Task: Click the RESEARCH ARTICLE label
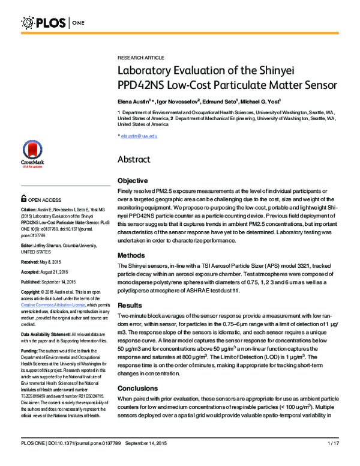pyautogui.click(x=140, y=57)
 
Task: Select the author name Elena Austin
pyautogui.click(x=133, y=100)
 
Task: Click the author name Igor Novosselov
pyautogui.click(x=177, y=100)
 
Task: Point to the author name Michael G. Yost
pyautogui.click(x=255, y=100)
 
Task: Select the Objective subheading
pyautogui.click(x=133, y=181)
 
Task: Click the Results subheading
pyautogui.click(x=130, y=305)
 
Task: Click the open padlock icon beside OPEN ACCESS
pyautogui.click(x=23, y=199)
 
